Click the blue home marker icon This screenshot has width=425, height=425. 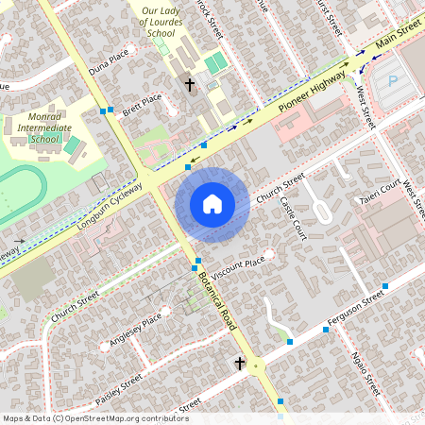click(212, 203)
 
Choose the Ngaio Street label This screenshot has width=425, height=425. click(365, 373)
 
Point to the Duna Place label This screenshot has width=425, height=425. click(107, 64)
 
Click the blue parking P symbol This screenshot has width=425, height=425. click(393, 81)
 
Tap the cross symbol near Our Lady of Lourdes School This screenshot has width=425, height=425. click(189, 85)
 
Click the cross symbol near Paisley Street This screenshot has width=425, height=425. click(240, 364)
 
